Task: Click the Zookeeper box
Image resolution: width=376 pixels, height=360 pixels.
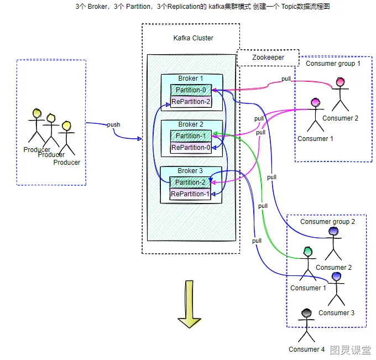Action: (x=268, y=58)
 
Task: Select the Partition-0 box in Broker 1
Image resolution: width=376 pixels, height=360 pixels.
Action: (x=190, y=90)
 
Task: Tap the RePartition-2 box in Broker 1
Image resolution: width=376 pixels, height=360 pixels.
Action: (x=190, y=102)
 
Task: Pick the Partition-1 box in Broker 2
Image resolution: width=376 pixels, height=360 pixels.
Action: (x=190, y=136)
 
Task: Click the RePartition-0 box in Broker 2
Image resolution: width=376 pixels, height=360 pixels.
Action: (x=190, y=148)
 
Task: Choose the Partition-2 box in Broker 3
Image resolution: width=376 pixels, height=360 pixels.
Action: (x=190, y=182)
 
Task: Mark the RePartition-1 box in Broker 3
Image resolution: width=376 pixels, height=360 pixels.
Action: (x=190, y=194)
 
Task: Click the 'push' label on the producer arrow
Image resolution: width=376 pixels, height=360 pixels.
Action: (x=113, y=124)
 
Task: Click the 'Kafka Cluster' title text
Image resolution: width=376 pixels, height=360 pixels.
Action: (x=193, y=38)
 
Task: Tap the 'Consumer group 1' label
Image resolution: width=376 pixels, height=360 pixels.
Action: (x=333, y=64)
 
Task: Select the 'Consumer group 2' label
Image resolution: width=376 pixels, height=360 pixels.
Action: (x=327, y=222)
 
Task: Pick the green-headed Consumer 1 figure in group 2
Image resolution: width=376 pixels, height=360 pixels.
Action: (x=307, y=265)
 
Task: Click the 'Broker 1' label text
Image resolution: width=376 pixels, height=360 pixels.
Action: (x=190, y=79)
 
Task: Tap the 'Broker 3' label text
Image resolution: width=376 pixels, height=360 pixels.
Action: (x=190, y=171)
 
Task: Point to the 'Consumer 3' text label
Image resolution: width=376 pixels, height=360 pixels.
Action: (x=336, y=313)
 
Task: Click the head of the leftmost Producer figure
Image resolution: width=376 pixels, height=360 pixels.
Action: (x=37, y=113)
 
